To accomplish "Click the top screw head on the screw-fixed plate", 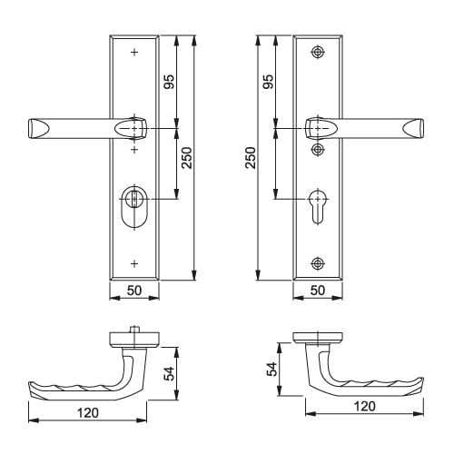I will (x=317, y=53).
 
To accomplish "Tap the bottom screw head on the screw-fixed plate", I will (x=317, y=264).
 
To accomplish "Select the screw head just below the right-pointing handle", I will (x=318, y=147).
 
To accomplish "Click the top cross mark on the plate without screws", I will (x=134, y=53).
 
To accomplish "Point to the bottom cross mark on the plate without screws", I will (x=134, y=263).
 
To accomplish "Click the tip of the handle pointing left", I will (x=35, y=130).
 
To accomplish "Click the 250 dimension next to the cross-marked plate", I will (x=186, y=160).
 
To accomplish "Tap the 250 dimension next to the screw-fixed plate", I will (x=251, y=158).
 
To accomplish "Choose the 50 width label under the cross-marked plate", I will (x=134, y=291).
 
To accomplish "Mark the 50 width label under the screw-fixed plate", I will (x=318, y=291).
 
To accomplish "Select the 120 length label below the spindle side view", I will (x=87, y=413).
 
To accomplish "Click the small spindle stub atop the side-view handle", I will (x=133, y=331).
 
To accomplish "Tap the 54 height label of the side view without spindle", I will (x=270, y=369).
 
